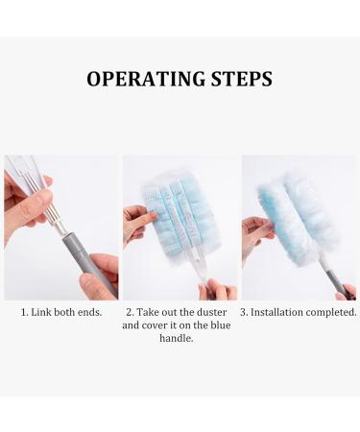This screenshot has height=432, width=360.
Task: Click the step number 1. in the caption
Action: [x=25, y=312]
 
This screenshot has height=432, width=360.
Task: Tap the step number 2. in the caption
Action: [x=131, y=312]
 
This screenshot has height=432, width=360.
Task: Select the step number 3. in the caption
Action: [x=246, y=312]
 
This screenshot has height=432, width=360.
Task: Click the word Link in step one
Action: [x=43, y=312]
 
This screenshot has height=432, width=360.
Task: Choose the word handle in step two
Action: [x=180, y=338]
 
